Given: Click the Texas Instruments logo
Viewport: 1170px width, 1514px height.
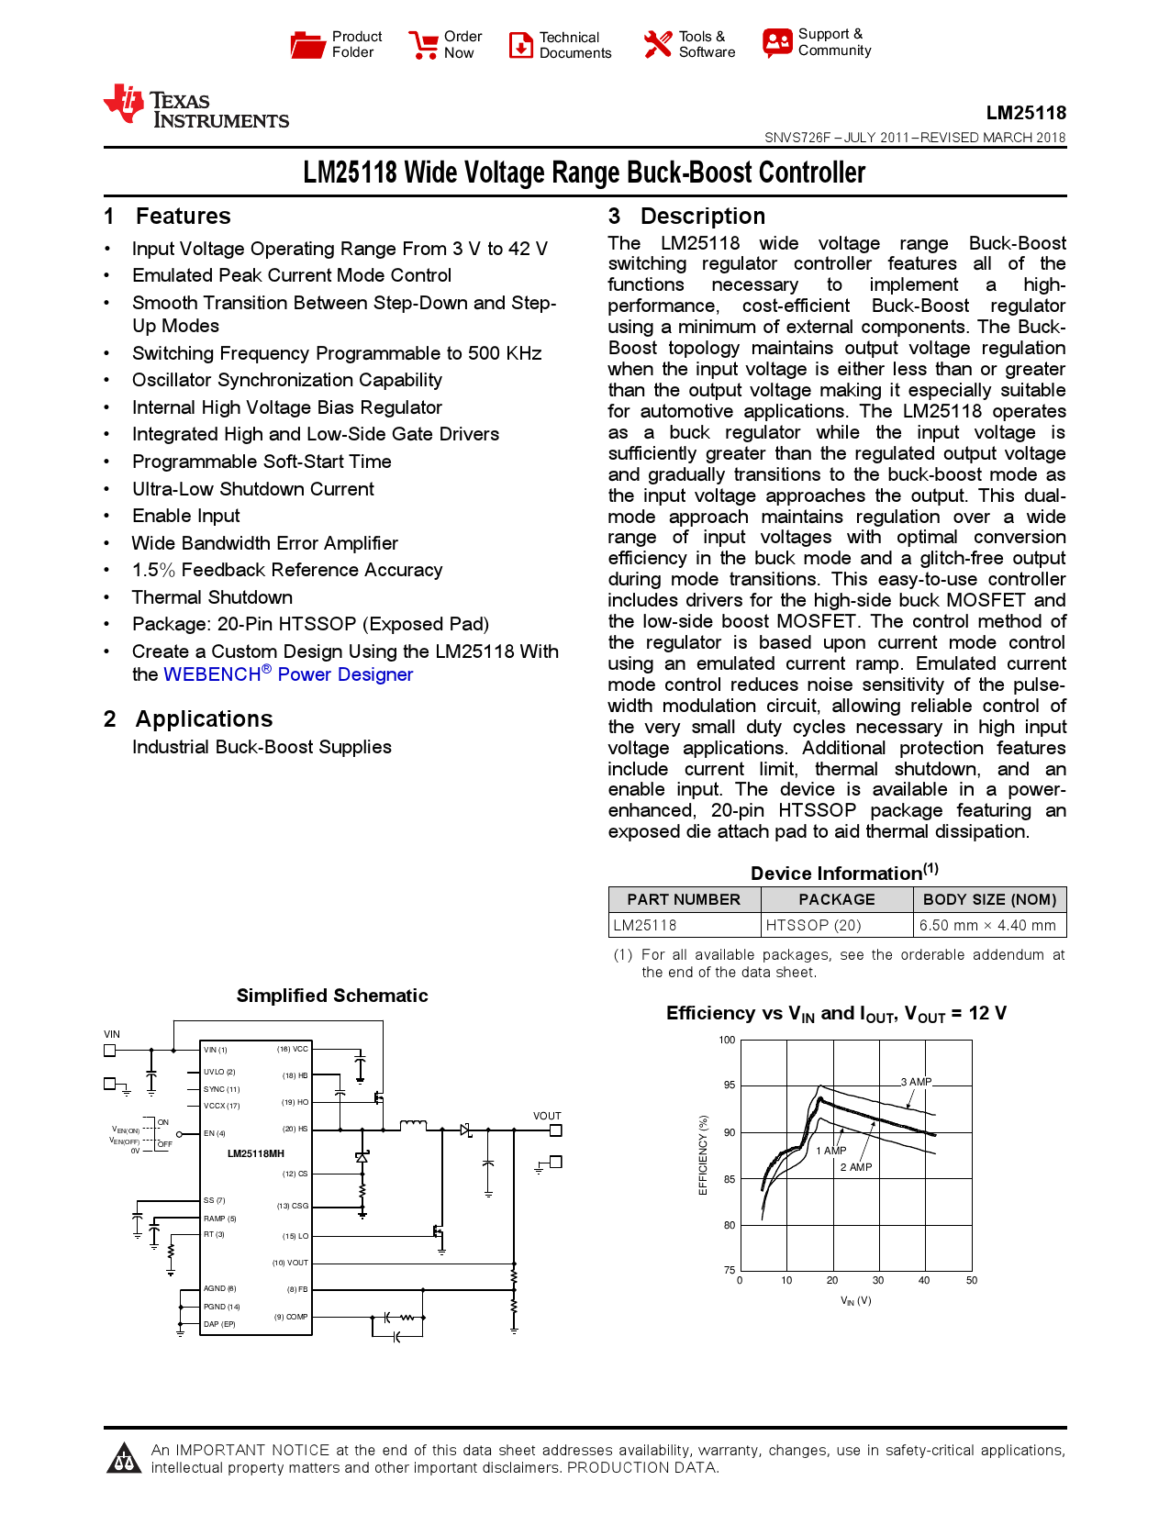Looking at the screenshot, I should pyautogui.click(x=195, y=106).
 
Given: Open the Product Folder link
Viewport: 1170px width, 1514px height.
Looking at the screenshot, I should pyautogui.click(x=336, y=44).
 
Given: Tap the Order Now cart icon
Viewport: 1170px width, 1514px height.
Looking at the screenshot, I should pyautogui.click(x=424, y=45).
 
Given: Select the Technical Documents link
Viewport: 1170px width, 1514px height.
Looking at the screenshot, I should pyautogui.click(x=561, y=45).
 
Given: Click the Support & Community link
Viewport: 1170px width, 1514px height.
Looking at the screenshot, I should pyautogui.click(x=818, y=42).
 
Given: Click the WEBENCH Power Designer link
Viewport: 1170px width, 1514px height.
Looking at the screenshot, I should pyautogui.click(x=288, y=674).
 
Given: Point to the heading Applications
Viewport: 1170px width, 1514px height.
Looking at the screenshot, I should pyautogui.click(x=204, y=718).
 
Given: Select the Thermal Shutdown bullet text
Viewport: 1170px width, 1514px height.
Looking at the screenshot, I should pyautogui.click(x=212, y=597).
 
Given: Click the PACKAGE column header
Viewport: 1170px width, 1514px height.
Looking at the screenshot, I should pyautogui.click(x=836, y=899).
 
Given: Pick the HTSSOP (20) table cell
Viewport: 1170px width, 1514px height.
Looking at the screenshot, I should pyautogui.click(x=814, y=925).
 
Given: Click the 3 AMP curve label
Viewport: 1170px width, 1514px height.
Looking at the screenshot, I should pyautogui.click(x=916, y=1082).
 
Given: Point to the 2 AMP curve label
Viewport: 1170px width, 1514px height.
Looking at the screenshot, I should pyautogui.click(x=856, y=1167).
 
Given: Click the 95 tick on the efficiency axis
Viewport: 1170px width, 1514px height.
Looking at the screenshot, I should pyautogui.click(x=730, y=1085).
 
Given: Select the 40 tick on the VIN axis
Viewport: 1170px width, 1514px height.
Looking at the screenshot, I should pyautogui.click(x=924, y=1280).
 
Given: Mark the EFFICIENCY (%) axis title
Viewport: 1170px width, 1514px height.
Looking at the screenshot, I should pyautogui.click(x=704, y=1154).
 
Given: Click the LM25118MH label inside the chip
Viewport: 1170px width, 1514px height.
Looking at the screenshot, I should pyautogui.click(x=256, y=1153).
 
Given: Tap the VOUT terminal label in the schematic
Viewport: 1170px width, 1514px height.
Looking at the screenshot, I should pyautogui.click(x=547, y=1116).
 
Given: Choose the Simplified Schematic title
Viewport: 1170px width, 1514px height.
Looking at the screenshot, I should pyautogui.click(x=332, y=996).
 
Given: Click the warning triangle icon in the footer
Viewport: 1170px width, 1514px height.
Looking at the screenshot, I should pyautogui.click(x=124, y=1458).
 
